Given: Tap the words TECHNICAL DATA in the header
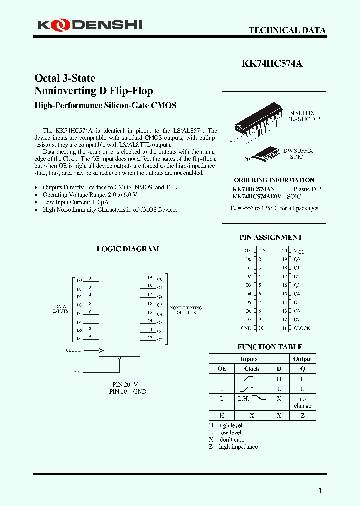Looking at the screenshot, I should [x=287, y=30].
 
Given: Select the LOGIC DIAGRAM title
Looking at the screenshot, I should [x=128, y=249].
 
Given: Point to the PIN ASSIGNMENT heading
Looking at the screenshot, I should [x=271, y=237].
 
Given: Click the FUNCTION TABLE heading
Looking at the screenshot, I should [x=270, y=347].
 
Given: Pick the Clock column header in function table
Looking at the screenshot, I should [x=252, y=368].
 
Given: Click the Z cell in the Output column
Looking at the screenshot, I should [x=302, y=415].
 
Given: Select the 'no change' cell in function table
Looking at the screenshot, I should [x=302, y=402].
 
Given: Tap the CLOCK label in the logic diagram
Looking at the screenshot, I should [x=73, y=350].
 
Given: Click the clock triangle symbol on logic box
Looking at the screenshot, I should [x=101, y=351].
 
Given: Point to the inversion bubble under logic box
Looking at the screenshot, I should [x=119, y=358].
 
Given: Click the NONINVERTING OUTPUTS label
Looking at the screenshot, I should [x=186, y=310].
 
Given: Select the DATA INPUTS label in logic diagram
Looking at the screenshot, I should [x=60, y=308].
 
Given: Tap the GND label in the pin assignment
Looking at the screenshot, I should [x=246, y=328].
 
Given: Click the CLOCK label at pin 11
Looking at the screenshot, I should [x=301, y=328].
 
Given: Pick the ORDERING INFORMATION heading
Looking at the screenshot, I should [x=274, y=180].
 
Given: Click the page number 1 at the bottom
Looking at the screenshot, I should [x=320, y=491].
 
